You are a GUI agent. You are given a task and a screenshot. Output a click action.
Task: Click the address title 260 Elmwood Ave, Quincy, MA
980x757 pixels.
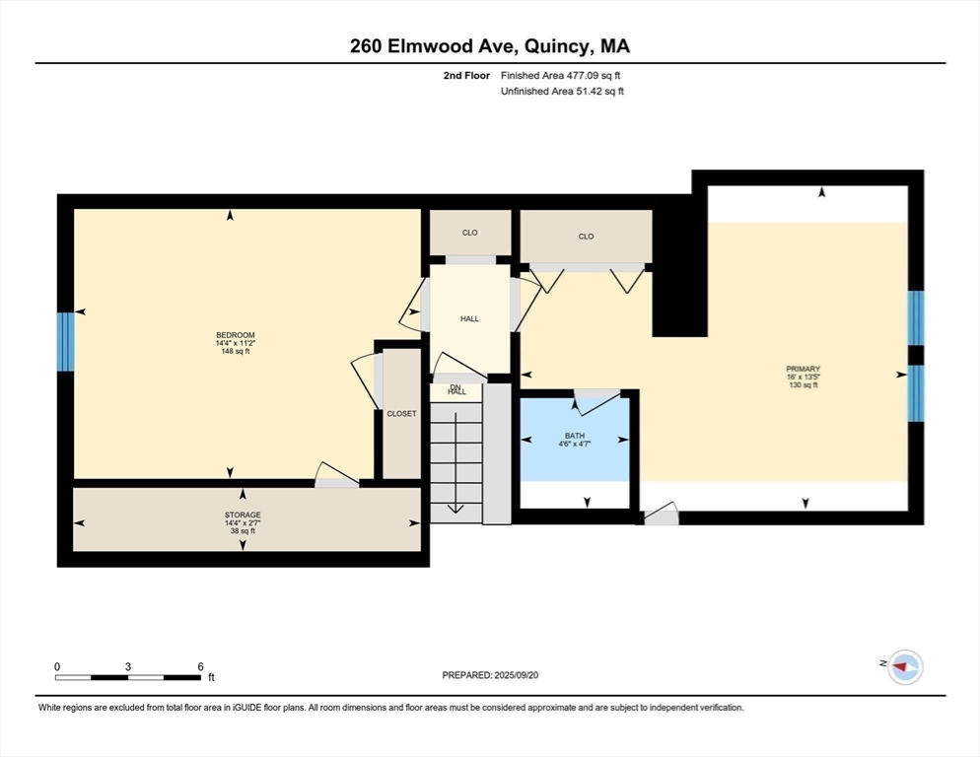490,46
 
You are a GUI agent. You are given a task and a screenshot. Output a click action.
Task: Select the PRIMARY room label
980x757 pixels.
803,369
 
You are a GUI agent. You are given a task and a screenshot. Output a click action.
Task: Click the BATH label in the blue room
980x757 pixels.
575,435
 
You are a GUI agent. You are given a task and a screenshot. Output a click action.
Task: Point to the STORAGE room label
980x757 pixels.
242,515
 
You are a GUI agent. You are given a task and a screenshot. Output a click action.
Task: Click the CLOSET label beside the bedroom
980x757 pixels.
401,413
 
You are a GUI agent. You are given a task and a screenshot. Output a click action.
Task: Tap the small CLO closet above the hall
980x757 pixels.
469,234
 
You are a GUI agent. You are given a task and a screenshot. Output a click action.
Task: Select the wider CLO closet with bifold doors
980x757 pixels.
586,237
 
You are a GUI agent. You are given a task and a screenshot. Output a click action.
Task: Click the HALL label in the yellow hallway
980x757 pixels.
469,318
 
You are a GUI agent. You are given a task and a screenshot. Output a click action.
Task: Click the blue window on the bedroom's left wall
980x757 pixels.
65,341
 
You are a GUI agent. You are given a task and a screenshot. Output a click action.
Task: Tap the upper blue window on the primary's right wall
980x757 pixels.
915,317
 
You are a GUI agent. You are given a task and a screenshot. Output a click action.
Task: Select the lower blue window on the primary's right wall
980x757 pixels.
915,393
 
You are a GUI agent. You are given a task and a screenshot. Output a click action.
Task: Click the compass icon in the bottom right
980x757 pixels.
902,667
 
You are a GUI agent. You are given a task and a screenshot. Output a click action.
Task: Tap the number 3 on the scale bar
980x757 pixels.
128,666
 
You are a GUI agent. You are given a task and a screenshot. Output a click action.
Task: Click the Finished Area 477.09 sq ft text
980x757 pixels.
561,75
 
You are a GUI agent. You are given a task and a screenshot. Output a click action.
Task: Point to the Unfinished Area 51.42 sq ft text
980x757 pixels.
562,92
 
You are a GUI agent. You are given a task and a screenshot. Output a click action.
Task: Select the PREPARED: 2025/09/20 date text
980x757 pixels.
490,675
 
